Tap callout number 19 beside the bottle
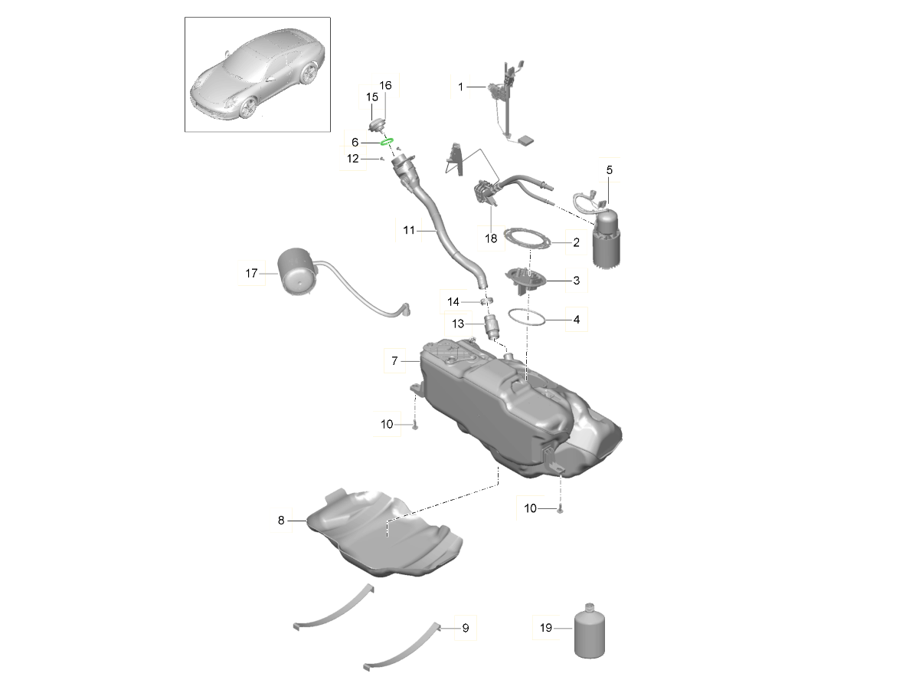[x=545, y=628]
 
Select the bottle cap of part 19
[x=590, y=607]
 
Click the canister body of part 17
[x=298, y=271]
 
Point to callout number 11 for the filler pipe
[x=409, y=230]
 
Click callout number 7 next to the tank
[x=394, y=360]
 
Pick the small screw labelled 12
[x=382, y=159]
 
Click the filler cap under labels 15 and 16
[x=377, y=125]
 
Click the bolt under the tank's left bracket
[x=415, y=426]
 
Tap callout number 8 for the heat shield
[x=281, y=521]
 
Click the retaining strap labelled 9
[x=402, y=648]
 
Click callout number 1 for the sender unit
[x=460, y=87]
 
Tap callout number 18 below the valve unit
[x=491, y=238]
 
